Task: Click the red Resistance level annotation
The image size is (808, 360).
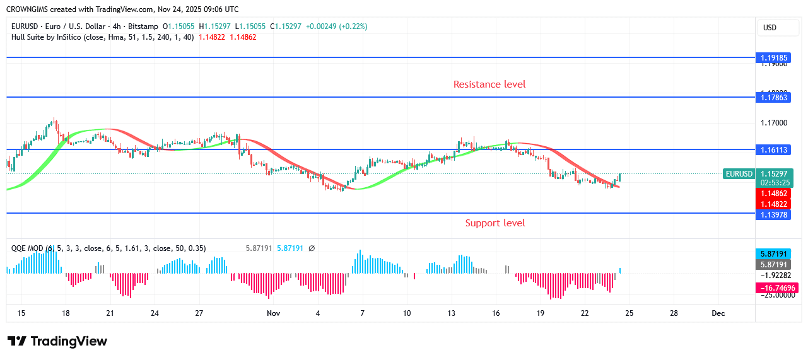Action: tap(489, 84)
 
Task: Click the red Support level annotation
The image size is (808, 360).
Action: tap(495, 223)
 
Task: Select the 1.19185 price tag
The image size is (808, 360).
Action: tap(773, 57)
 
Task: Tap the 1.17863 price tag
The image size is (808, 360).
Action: tap(773, 97)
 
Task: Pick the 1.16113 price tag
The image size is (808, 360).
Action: tap(773, 149)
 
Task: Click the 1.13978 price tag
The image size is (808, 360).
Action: tap(773, 214)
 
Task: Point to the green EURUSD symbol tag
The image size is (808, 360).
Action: tap(739, 174)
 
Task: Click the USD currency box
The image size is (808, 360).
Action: tap(770, 28)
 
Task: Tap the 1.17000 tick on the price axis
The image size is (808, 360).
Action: tap(773, 123)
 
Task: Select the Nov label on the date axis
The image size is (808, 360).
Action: tap(273, 313)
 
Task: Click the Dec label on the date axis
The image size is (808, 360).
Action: tap(718, 313)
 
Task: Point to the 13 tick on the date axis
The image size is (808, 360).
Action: tap(452, 313)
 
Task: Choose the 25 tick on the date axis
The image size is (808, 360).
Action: tap(629, 313)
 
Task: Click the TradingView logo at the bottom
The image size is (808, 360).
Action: tap(57, 341)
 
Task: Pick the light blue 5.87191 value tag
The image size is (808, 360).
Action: tap(773, 253)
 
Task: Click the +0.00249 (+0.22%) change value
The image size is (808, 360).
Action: tap(336, 26)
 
